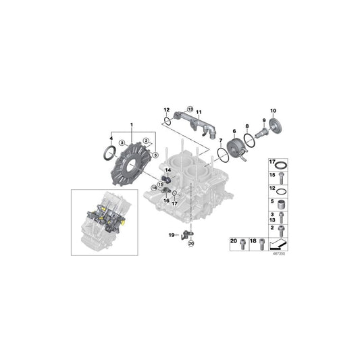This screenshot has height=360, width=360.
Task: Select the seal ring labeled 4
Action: [109, 154]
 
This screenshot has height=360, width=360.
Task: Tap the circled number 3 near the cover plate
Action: [122, 143]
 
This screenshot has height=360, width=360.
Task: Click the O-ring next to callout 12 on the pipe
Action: [166, 122]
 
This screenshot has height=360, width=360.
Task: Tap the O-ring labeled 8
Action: [249, 138]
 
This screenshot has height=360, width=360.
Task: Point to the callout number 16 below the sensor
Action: [166, 201]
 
